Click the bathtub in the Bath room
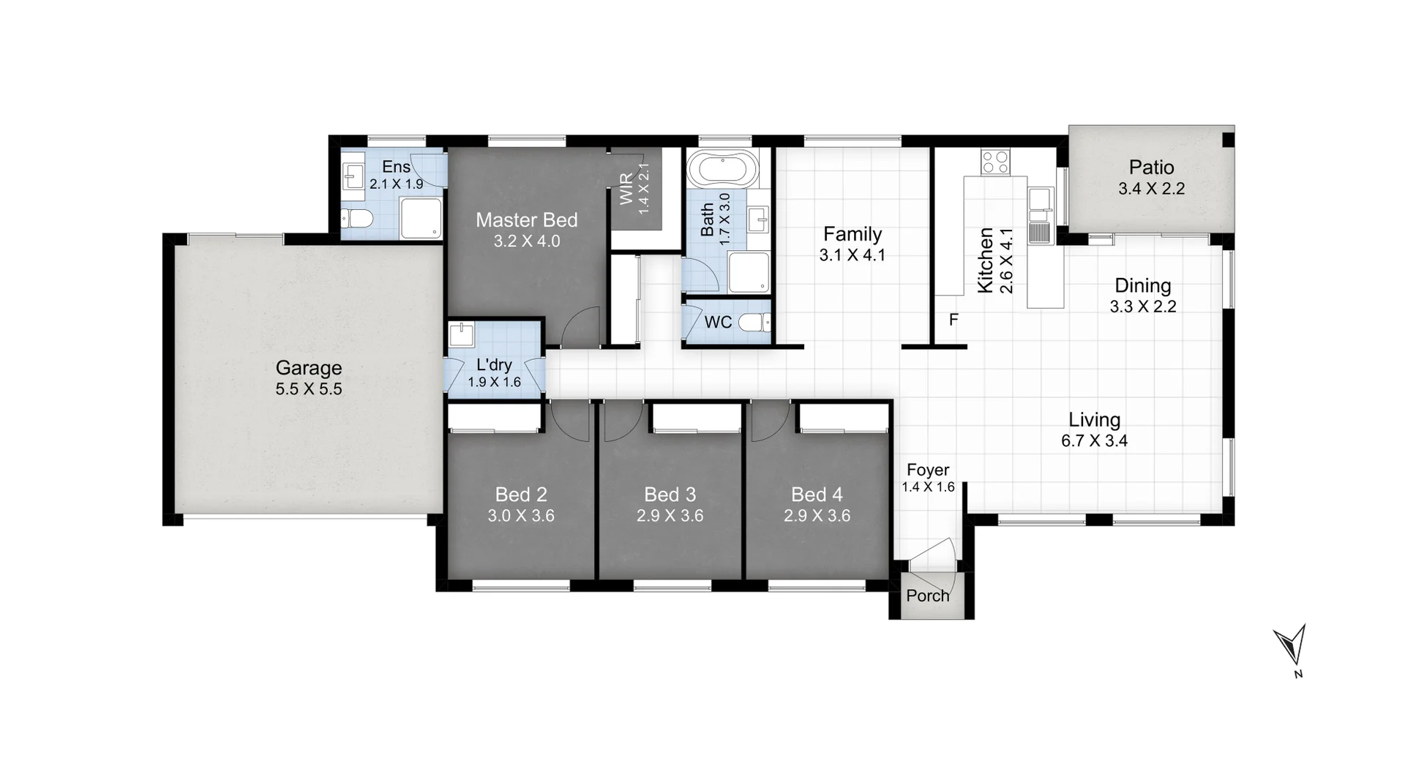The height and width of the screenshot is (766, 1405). pos(722,170)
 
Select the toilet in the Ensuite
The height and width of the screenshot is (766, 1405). pos(358,218)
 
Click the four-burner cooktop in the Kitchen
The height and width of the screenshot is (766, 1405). pos(994,161)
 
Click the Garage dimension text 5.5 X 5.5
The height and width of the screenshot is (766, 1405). pos(308,389)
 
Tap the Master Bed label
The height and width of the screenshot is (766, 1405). pos(526,219)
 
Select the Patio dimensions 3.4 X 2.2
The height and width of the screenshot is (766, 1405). pos(1151,189)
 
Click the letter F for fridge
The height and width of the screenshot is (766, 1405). pos(953,320)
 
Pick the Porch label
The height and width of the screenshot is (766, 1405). pos(927,596)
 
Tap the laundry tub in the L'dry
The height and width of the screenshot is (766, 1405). pos(462,335)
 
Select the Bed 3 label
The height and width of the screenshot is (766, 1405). pos(670,495)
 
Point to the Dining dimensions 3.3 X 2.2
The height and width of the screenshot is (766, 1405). pos(1142,307)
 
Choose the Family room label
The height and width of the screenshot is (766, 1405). pos(852,234)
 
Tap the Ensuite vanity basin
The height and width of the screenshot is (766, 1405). pos(354,176)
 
